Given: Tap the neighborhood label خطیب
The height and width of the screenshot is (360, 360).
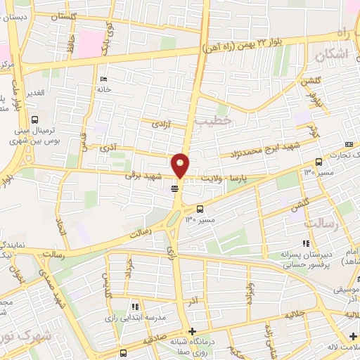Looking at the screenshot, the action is (x=212, y=121).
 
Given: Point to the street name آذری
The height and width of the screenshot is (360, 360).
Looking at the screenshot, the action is (x=108, y=150).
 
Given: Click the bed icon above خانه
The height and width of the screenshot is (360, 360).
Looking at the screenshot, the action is (x=104, y=79).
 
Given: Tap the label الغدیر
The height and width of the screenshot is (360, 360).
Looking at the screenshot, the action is (x=36, y=93).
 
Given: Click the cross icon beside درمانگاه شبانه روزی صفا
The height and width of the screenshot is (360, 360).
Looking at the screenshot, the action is (x=193, y=331).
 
